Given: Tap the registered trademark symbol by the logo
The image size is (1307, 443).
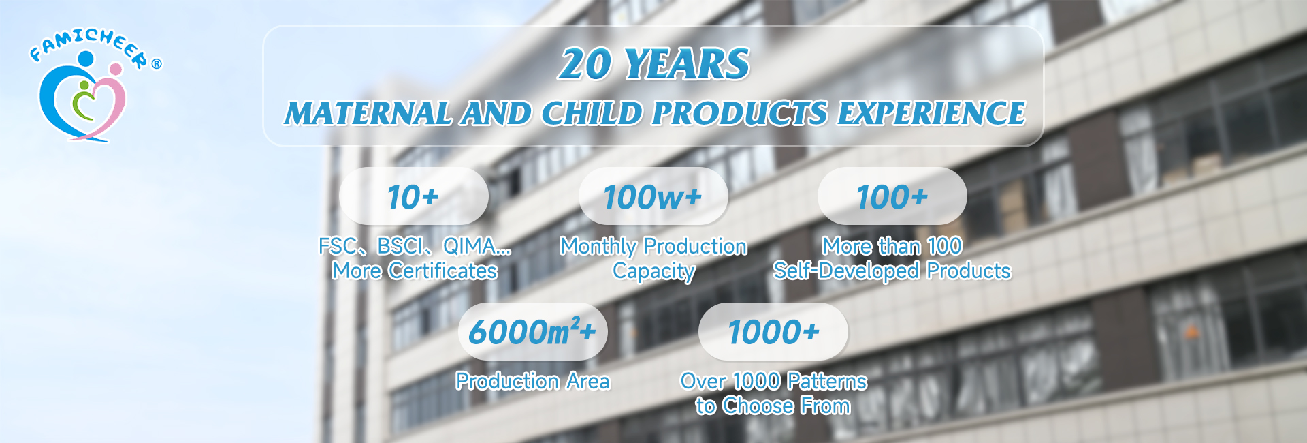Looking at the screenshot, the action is click(157, 64).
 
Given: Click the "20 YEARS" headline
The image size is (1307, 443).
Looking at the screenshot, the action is click(654, 64).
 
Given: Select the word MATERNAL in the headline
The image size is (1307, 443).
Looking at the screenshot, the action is click(368, 113).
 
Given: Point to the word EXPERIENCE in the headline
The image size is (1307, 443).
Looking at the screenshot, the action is click(931, 113).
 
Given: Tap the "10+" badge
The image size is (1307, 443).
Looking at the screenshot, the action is click(413, 196).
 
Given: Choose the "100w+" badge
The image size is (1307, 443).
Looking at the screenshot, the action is click(653, 196).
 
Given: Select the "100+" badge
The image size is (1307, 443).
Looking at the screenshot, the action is click(892, 196).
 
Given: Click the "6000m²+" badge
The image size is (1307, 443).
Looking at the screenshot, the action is click(532, 332).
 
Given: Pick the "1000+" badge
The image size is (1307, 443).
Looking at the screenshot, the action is click(773, 332).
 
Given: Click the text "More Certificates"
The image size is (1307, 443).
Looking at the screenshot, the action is click(415, 271).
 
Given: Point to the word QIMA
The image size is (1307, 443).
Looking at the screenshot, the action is click(470, 246).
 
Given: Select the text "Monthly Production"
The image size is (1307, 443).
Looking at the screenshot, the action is click(653, 246).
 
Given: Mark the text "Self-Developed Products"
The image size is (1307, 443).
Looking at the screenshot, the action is click(892, 271).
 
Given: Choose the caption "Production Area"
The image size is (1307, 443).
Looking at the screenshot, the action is click(532, 381).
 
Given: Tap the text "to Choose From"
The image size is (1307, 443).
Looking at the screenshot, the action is click(773, 406).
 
